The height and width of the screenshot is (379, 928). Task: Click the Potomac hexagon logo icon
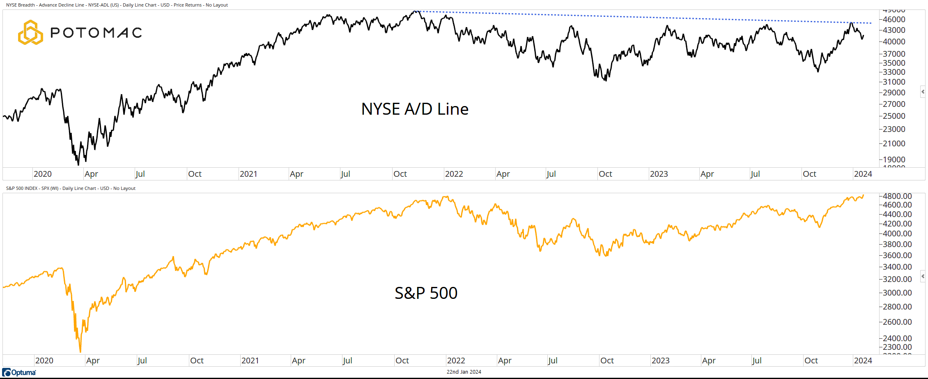[x=30, y=32]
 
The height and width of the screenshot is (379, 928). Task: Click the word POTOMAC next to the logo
[x=96, y=33]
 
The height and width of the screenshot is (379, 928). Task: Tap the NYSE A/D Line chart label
[x=415, y=109]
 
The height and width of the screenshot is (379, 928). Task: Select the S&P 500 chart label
[x=426, y=293]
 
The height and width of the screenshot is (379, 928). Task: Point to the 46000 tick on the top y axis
[x=894, y=19]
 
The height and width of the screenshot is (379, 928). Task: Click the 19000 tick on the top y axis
[x=894, y=159]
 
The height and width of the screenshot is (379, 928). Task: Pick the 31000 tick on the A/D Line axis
[x=894, y=82]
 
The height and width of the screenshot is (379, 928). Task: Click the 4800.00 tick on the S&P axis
[x=897, y=196]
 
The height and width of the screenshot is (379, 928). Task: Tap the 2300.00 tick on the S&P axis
[x=897, y=347]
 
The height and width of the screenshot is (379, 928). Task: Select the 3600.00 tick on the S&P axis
[x=897, y=255]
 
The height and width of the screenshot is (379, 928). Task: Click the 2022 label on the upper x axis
[x=454, y=174]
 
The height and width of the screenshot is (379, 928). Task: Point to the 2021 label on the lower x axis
[x=250, y=361]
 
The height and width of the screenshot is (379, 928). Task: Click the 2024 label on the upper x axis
[x=863, y=174]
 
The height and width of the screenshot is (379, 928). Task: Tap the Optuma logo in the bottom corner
[x=19, y=372]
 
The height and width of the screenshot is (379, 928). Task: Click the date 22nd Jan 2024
[x=464, y=372]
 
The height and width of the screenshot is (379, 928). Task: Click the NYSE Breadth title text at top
[x=117, y=5]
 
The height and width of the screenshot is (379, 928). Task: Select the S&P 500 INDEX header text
[x=71, y=188]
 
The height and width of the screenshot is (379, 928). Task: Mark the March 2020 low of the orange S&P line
[x=80, y=351]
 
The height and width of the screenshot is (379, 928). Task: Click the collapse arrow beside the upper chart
[x=923, y=92]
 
